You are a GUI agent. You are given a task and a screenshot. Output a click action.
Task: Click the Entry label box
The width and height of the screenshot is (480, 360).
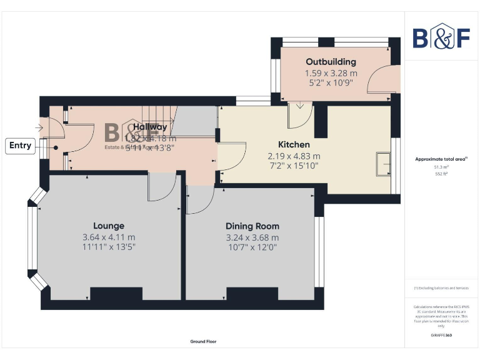20,146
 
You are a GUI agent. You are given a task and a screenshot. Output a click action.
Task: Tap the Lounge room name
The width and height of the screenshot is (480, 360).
109,226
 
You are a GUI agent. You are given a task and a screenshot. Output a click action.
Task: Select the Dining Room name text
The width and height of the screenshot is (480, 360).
252,226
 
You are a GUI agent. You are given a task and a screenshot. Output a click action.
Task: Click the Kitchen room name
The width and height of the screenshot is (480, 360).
294,144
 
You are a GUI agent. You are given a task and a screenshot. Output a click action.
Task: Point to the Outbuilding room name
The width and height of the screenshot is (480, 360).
331,61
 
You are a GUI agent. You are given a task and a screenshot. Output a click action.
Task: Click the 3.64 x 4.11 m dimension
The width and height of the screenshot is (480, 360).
109,237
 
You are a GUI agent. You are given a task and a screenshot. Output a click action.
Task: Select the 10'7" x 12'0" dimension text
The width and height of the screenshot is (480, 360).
252,247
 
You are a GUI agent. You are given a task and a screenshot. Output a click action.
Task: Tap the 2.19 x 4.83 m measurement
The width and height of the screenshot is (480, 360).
294,156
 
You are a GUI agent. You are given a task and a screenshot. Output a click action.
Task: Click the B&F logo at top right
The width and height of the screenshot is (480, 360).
441,37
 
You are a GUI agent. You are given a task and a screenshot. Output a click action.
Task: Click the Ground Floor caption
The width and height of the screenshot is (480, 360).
204,341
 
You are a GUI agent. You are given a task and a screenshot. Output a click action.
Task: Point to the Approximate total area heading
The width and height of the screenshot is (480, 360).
441,159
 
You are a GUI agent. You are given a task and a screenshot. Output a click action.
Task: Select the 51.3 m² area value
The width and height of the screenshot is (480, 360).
441,167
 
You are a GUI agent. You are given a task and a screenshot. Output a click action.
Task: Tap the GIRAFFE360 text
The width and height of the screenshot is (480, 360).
441,336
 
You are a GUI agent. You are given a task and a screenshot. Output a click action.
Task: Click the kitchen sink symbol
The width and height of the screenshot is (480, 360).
382,164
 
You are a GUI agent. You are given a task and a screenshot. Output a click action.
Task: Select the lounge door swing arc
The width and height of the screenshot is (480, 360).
161,188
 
